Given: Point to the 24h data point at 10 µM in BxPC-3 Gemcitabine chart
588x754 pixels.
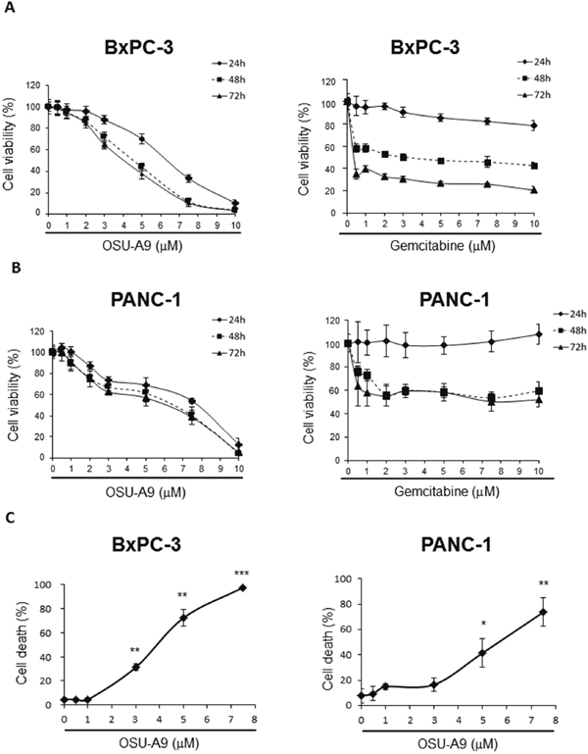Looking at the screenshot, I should coord(533,126).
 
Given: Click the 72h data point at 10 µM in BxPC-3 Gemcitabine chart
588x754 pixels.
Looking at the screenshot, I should coord(533,189).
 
